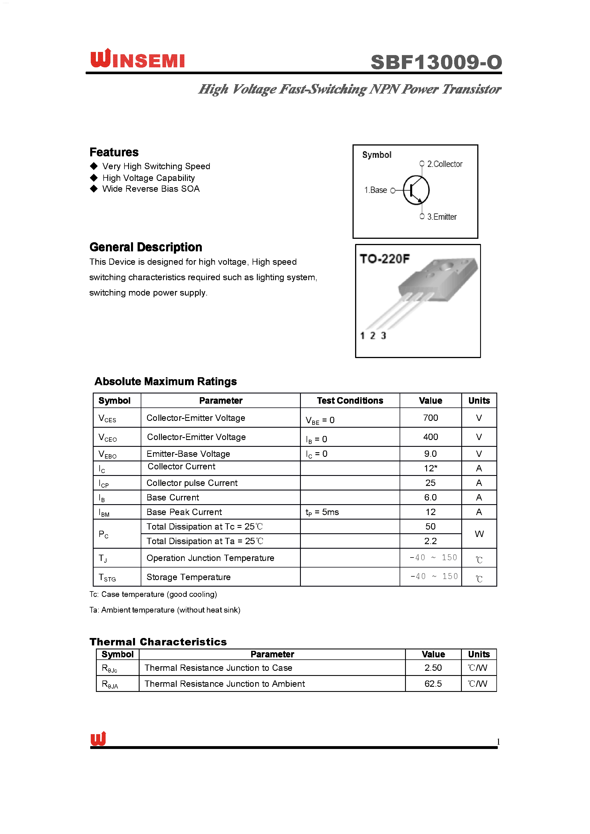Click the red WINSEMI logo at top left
(x=137, y=59)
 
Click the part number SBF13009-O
(x=436, y=62)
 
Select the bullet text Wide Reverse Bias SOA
(x=151, y=189)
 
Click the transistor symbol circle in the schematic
(x=416, y=190)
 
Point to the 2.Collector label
(x=444, y=164)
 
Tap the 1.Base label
(x=375, y=190)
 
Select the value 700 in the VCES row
(x=430, y=418)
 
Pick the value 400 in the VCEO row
(x=430, y=437)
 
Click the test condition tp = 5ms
(x=322, y=512)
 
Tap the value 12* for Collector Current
(x=430, y=468)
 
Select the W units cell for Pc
(x=479, y=534)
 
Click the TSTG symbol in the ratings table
(x=107, y=577)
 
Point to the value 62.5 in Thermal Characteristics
(x=433, y=684)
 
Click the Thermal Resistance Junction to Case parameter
(x=218, y=668)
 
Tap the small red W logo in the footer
(x=98, y=738)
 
